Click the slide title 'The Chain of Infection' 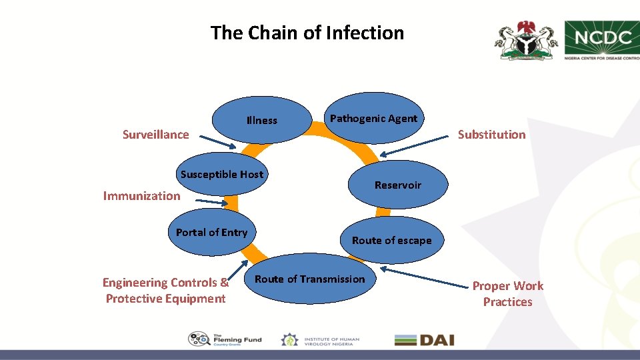307,33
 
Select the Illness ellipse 262,121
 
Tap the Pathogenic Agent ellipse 373,118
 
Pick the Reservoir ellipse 397,185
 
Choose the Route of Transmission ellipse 310,279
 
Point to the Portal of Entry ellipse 211,232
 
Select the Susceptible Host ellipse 222,174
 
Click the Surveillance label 155,135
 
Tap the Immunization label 141,196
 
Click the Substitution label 491,135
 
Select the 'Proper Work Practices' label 507,294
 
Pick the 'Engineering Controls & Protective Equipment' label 165,291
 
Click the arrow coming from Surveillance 218,143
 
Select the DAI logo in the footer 424,340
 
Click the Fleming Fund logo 225,340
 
